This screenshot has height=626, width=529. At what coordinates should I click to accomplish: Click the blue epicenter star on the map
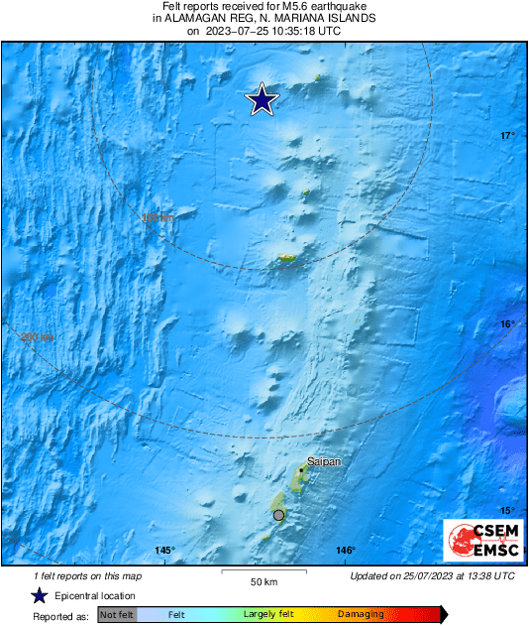click(x=263, y=99)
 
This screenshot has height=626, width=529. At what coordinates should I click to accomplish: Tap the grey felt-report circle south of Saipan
click(x=278, y=515)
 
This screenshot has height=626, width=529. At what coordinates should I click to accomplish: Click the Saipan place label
click(x=322, y=461)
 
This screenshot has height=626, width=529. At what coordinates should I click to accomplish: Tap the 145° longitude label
click(x=164, y=551)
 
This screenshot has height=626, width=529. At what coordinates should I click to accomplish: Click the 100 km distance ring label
click(x=158, y=218)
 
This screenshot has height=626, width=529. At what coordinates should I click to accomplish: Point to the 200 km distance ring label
click(x=37, y=338)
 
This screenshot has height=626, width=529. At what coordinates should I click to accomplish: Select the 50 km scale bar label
click(x=263, y=581)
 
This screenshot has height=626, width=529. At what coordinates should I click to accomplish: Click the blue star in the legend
click(x=39, y=595)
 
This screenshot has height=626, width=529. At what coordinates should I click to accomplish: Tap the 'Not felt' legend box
click(x=117, y=615)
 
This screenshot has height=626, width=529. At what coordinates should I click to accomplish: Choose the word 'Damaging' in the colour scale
click(x=361, y=615)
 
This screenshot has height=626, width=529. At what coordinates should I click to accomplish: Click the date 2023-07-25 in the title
click(x=238, y=31)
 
